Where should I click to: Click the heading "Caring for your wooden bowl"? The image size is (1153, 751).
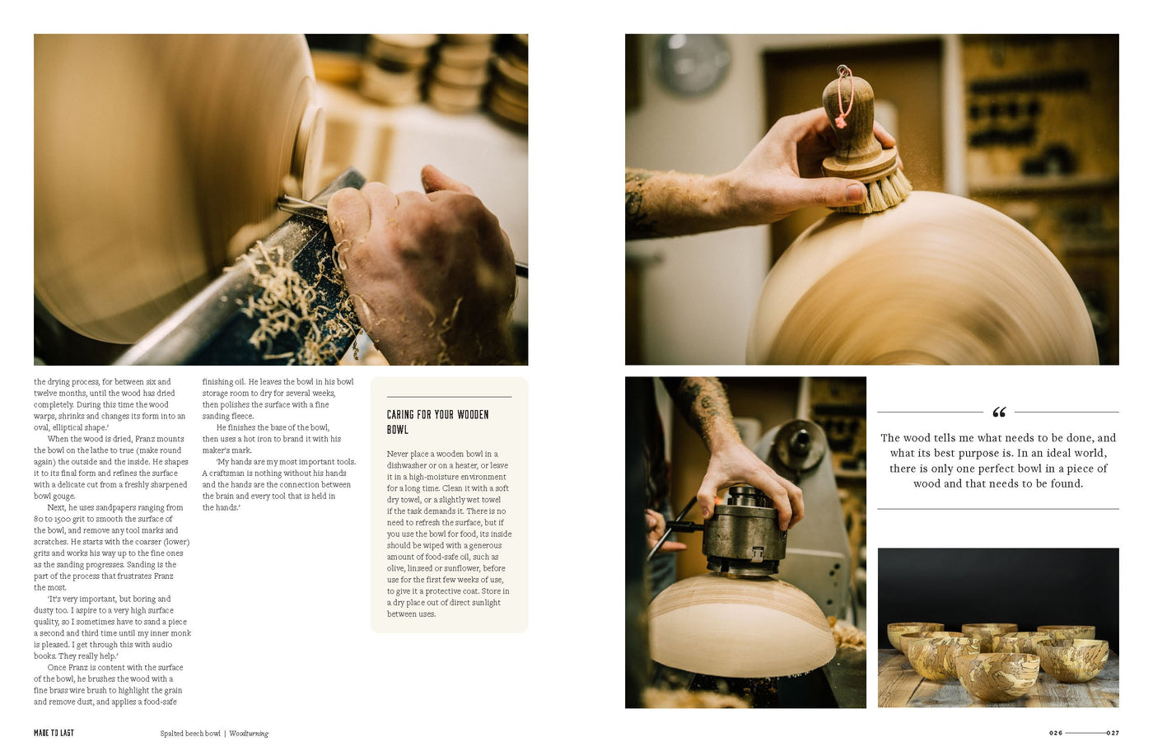[437, 422]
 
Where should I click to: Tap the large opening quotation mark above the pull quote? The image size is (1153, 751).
[999, 413]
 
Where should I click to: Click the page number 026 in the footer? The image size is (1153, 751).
[1056, 733]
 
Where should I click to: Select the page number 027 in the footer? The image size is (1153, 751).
[1113, 733]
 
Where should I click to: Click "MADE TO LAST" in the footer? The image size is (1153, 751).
[54, 733]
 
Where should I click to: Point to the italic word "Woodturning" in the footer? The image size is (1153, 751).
[249, 734]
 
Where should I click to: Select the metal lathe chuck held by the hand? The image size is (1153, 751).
[745, 530]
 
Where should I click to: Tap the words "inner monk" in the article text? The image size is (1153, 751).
[170, 633]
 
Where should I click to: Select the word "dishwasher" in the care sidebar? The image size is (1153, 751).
[407, 465]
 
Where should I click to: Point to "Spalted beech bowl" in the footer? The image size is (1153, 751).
[190, 734]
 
